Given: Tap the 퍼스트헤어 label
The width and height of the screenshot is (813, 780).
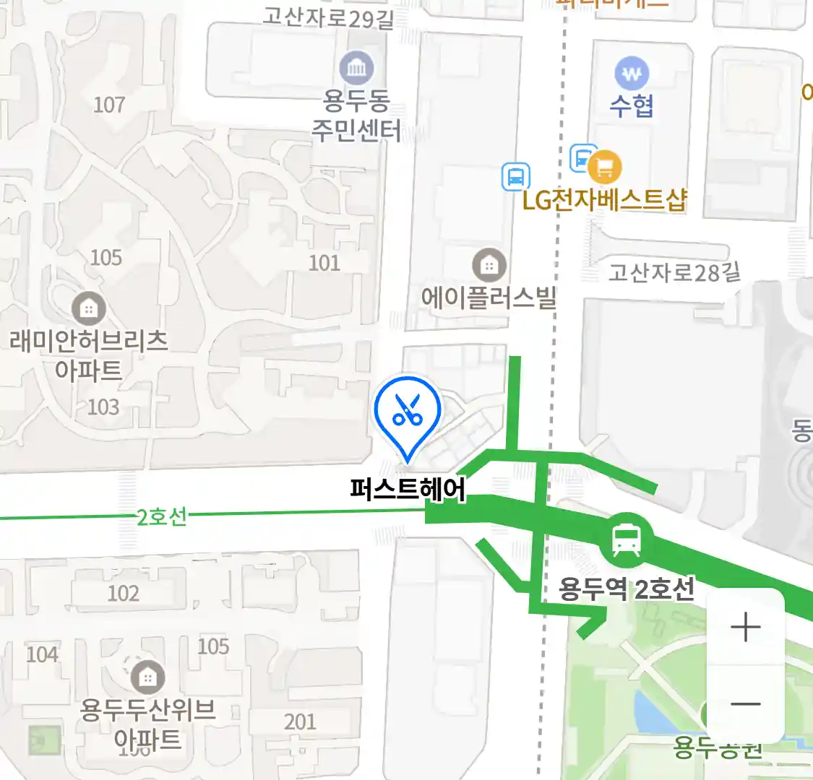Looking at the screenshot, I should point(408,489).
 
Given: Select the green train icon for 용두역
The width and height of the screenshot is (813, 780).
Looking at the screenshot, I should point(626,539).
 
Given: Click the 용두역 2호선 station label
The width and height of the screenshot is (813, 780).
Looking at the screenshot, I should point(626,589).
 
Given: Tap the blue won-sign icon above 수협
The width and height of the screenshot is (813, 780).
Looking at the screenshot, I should point(632,74).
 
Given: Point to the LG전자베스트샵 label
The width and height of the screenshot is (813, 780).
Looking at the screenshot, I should point(604,200).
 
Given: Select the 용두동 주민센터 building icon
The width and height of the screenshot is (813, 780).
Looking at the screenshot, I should point(356,69).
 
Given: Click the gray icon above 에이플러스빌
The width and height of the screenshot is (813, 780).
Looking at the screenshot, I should point(489,266).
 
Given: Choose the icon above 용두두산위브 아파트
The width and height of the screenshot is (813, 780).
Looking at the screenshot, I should point(147,677).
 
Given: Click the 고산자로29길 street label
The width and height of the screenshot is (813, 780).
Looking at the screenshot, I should point(329,17).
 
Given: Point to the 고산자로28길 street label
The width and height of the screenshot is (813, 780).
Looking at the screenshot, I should point(674,272).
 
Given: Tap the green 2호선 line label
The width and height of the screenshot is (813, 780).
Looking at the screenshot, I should point(162,516).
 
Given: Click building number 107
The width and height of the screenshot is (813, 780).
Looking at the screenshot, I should point(109,105).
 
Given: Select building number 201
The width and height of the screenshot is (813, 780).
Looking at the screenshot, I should point(300,721).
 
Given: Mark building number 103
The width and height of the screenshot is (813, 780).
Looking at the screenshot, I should point(103,407).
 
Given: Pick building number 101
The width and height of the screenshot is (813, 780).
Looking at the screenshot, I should point(324,263).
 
